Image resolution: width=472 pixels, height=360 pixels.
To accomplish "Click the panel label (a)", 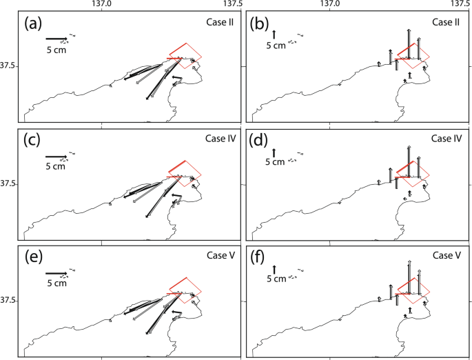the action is coord(34,25).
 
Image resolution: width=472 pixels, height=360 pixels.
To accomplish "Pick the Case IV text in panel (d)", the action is coord(446,139).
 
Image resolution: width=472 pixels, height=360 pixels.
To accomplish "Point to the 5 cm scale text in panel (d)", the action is coord(275,163).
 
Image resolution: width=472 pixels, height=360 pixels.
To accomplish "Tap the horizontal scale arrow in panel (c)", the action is coord(57,157).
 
